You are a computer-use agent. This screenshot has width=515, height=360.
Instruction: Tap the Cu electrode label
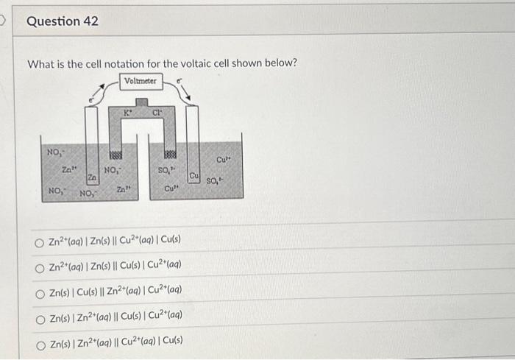(x=194, y=177)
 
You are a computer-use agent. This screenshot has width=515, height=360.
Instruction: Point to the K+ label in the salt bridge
(x=127, y=113)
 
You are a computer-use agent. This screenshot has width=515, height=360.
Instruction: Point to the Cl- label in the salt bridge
(x=157, y=113)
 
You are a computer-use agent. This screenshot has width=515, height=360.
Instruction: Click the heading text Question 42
(x=63, y=21)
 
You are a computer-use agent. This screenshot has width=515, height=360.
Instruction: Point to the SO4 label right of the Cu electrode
(x=216, y=181)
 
